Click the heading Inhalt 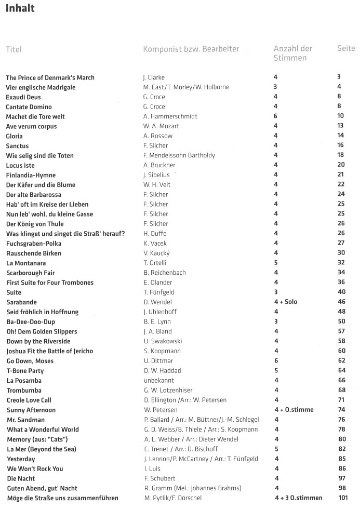tap(20, 8)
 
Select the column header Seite tap(345, 49)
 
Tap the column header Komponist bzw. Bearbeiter tap(191, 49)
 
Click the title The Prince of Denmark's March tap(50, 78)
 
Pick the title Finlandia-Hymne tap(31, 175)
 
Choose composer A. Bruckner tap(158, 165)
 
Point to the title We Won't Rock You tap(35, 468)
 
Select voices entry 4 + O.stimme tap(294, 410)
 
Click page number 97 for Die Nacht tap(341, 478)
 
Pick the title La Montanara tap(25, 263)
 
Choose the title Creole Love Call tap(29, 400)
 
